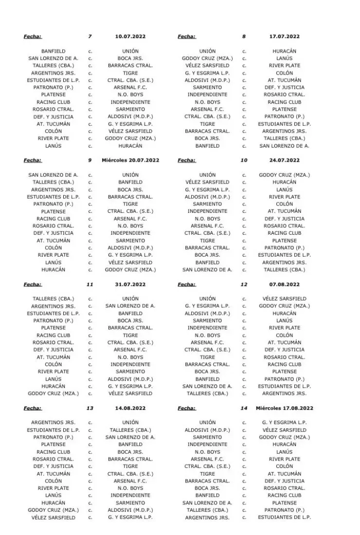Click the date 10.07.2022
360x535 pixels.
tap(130, 37)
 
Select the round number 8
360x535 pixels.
tap(244, 37)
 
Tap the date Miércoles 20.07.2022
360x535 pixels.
tap(130, 160)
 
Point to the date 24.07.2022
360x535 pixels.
tap(284, 160)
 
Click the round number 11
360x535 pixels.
tap(90, 284)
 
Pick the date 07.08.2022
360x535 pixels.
tap(284, 284)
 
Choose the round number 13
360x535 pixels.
tap(90, 408)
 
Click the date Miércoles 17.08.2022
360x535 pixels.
tap(284, 408)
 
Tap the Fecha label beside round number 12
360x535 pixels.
tap(187, 284)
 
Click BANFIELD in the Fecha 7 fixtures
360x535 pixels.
tap(54, 51)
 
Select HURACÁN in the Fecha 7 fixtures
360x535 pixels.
tap(130, 146)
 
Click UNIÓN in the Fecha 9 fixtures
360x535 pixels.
tap(130, 175)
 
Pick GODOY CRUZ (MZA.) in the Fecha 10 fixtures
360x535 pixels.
tap(284, 175)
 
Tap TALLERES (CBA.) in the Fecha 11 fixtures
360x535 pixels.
tap(54, 298)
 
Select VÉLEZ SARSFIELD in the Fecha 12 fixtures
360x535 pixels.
tap(284, 298)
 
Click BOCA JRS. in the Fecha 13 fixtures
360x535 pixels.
tap(130, 452)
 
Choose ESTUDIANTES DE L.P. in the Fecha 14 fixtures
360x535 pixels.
tap(284, 517)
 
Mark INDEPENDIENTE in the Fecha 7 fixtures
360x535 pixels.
tap(130, 102)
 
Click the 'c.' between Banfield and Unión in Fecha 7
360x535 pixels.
tap(90, 51)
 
